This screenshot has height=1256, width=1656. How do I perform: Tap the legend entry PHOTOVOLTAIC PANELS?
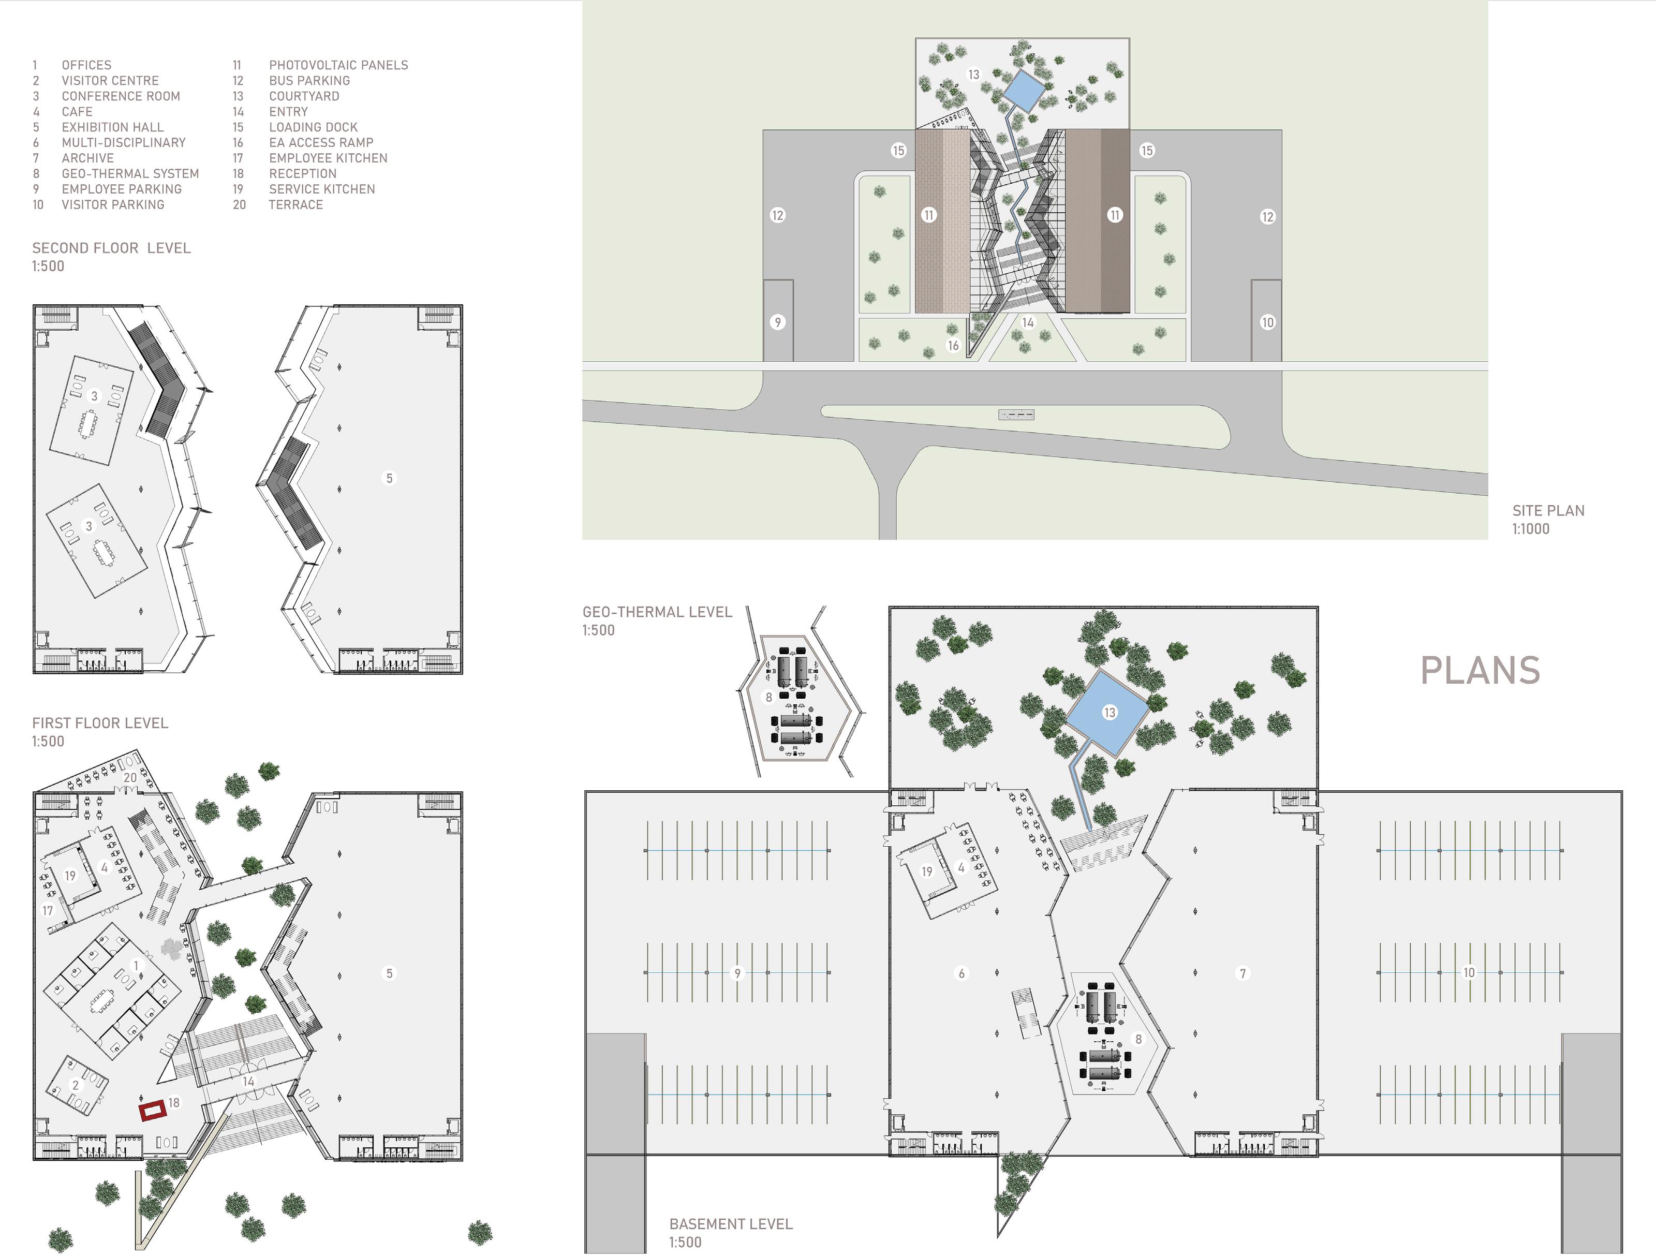point(338,65)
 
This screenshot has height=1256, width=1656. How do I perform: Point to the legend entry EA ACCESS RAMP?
point(320,142)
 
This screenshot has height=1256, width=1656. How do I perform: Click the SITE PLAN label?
point(1548,510)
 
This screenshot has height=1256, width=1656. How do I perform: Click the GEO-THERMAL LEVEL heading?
point(657,612)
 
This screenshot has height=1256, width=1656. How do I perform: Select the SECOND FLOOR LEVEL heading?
point(111,248)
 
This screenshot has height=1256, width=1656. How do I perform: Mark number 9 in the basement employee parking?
point(737,973)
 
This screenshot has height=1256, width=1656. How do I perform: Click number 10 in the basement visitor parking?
point(1469,972)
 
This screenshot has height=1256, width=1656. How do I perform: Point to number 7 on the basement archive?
point(1243,973)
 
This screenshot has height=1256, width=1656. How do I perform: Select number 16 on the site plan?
point(953,345)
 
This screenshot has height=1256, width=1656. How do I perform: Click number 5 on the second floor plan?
point(389,478)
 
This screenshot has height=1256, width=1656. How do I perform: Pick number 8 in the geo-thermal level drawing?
point(768,697)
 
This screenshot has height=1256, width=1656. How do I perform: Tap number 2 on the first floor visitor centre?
point(75,1085)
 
